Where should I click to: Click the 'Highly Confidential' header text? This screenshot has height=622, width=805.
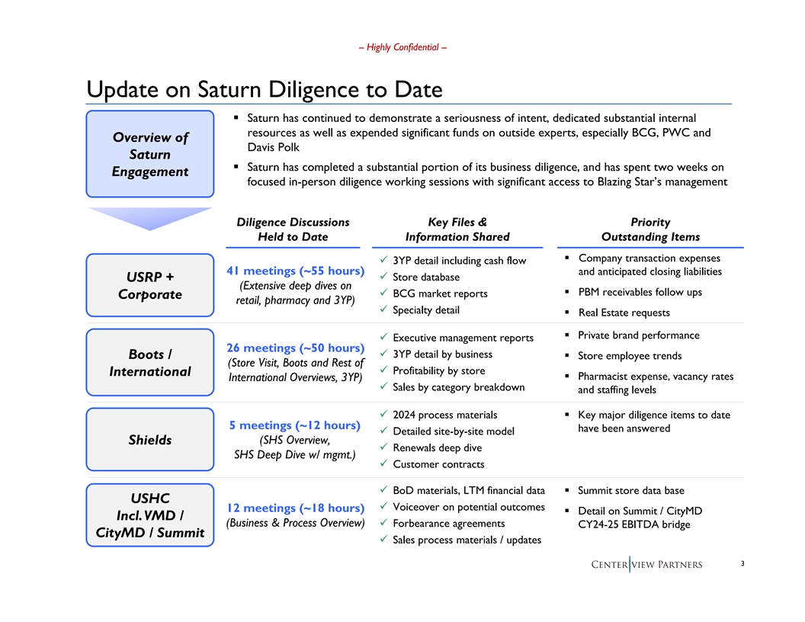point(402,47)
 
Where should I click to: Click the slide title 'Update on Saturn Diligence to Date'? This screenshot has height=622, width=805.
point(265,90)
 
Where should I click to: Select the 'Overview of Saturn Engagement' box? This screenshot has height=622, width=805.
point(150,154)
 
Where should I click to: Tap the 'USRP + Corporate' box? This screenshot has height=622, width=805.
point(150,285)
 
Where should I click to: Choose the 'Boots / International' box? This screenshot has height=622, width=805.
point(150,363)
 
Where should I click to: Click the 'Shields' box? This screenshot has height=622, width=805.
point(150,440)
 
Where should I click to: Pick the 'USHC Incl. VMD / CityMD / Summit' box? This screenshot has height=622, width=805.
point(150,515)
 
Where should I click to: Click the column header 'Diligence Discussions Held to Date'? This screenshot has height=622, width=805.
point(293,229)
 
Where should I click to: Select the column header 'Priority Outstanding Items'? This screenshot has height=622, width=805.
point(650,229)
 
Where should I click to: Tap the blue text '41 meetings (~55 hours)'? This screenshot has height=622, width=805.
point(293,271)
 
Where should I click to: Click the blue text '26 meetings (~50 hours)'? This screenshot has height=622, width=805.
point(293,348)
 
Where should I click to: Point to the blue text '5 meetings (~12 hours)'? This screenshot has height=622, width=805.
point(293,425)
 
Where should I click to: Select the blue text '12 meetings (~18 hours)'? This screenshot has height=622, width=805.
point(293,508)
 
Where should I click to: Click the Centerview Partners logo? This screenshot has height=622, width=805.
point(646,565)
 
